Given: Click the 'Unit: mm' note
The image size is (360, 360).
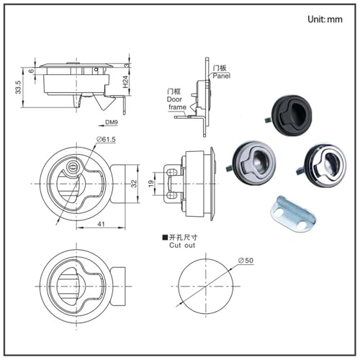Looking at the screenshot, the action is coord(325,19).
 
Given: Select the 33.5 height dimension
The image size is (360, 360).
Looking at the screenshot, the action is coord(18,87).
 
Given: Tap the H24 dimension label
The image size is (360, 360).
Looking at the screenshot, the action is coord(125,82).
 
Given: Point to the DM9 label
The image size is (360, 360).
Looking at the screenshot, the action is coord(112,122).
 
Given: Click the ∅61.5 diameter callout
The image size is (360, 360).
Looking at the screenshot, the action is coord(106,139).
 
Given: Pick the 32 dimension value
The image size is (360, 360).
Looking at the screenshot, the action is coord(134,184).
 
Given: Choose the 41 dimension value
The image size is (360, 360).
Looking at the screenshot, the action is coord(101,224).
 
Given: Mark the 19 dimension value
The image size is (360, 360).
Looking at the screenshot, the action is coord(151,184).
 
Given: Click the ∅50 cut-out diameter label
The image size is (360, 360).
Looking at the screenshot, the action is coord(246,261).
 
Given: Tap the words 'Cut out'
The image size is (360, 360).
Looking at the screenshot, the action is coord(182,246).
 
